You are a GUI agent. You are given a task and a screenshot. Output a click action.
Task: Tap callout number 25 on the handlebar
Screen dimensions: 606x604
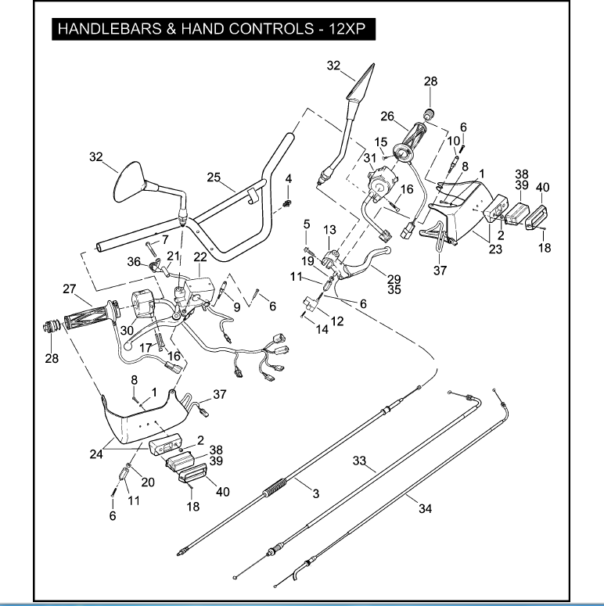[215, 177]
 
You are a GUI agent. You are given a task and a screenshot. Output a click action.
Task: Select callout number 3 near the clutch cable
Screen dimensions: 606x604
[315, 493]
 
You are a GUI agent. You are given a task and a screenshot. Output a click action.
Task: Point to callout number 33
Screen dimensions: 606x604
[359, 461]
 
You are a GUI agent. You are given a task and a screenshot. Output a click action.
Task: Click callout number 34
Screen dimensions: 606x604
[425, 508]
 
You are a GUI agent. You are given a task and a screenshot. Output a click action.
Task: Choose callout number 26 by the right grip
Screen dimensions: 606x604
[386, 116]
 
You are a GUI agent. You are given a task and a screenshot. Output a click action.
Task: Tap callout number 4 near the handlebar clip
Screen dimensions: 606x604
[288, 179]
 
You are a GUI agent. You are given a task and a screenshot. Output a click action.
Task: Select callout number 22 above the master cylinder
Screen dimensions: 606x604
[200, 257]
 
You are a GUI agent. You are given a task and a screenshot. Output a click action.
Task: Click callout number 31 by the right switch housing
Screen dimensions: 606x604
[370, 158]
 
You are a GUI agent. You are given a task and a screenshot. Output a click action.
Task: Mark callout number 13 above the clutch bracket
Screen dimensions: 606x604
[329, 229]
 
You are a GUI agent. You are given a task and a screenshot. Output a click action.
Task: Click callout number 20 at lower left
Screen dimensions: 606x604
[148, 482]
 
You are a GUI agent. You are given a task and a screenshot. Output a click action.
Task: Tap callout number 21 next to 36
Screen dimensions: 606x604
[173, 256]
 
